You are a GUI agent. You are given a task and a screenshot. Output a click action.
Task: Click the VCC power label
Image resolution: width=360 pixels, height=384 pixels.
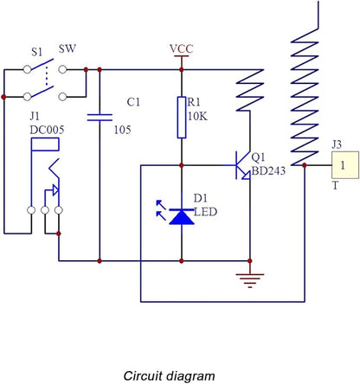[x=181, y=48]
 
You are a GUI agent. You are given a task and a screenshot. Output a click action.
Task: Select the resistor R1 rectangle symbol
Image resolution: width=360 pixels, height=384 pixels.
[x=182, y=118]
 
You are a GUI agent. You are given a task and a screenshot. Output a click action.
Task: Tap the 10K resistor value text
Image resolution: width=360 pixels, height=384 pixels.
[x=197, y=117]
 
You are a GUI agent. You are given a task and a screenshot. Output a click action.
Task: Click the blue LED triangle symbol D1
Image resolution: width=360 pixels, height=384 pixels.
[x=182, y=217]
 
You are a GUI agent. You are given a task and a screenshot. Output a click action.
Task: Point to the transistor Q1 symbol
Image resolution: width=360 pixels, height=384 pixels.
[x=243, y=165]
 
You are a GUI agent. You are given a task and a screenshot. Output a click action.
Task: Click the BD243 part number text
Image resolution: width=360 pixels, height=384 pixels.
[x=268, y=170]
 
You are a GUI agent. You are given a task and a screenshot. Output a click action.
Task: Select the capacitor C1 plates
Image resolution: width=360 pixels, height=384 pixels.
[x=100, y=118]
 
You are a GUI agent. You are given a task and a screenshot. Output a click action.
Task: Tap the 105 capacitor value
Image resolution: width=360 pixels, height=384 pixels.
[x=122, y=130]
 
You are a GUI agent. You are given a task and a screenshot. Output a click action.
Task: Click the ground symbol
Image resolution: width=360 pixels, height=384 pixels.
[x=250, y=280]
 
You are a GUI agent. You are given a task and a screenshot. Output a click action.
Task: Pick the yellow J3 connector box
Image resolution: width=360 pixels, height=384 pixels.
[x=345, y=165]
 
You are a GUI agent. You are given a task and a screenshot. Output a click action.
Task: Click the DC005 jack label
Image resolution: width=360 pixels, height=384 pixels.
[x=47, y=130]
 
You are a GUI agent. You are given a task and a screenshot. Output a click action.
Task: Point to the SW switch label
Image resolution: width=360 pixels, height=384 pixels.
[x=67, y=48]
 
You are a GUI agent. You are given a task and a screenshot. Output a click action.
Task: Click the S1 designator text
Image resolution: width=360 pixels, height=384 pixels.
[x=37, y=52]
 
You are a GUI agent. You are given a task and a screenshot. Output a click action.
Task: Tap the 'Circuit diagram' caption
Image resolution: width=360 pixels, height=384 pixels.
[x=169, y=376]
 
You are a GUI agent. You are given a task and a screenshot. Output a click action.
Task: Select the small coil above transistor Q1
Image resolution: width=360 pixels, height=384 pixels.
[x=250, y=90]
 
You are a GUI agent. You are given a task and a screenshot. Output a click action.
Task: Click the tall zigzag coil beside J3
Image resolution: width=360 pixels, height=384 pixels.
[x=305, y=97]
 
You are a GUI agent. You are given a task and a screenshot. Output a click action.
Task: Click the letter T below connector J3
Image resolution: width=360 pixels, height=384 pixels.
[x=335, y=186]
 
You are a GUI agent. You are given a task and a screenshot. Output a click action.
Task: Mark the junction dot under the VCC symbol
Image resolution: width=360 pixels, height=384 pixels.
[x=182, y=70]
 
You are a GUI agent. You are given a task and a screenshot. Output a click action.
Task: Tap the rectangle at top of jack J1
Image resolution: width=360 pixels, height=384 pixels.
[x=45, y=144]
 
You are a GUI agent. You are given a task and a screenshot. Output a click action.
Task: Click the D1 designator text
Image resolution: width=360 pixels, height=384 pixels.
[x=201, y=198]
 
